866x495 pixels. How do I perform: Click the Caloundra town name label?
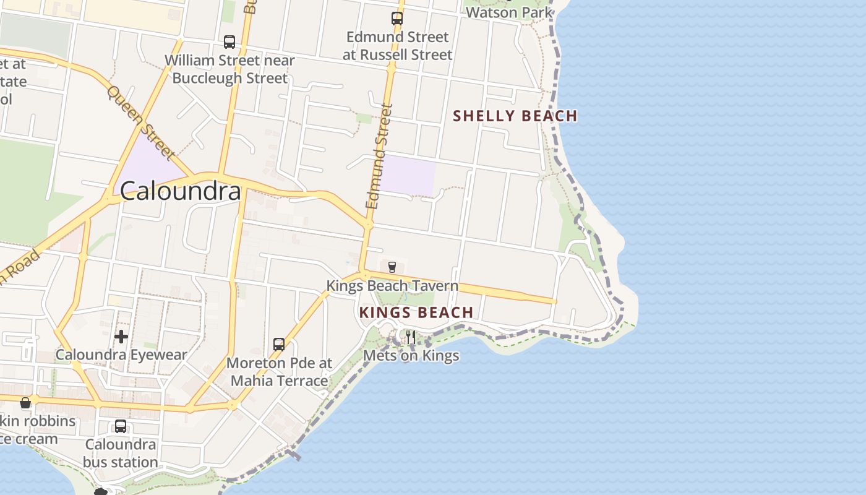coord(180,191)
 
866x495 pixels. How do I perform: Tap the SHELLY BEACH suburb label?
coord(515,116)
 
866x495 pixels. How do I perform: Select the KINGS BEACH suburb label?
coord(416,312)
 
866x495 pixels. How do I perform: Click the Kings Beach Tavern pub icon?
coord(392,267)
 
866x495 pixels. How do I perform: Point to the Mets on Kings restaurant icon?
coord(410,337)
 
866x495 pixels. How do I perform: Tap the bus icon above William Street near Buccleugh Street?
coord(229,42)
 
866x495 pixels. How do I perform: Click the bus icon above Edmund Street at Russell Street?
coord(397,19)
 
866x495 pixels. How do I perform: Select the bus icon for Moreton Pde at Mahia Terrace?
coord(279,345)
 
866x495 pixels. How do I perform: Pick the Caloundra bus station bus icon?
coord(121,426)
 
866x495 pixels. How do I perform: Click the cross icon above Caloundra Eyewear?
coord(121,337)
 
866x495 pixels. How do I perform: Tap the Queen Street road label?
coord(140,122)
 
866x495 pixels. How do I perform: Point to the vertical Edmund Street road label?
coord(380,156)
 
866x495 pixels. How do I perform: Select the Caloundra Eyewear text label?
coord(121,355)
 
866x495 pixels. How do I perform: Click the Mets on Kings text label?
coord(411,355)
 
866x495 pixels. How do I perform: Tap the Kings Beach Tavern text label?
coord(392,286)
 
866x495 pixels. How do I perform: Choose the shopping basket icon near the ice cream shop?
coord(25,403)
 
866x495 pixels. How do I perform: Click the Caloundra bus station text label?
coord(121,453)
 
